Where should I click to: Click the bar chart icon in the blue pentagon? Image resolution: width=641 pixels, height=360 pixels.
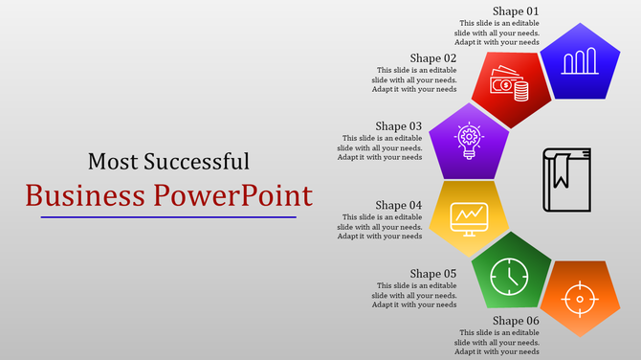click(x=580, y=63)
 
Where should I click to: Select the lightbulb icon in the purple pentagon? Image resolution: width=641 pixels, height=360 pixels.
click(x=469, y=142)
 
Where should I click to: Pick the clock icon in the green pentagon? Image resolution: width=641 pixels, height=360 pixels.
click(x=508, y=277)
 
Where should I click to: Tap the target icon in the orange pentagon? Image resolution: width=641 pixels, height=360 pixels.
click(x=579, y=300)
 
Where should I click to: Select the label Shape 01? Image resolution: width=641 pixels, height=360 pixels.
click(x=516, y=11)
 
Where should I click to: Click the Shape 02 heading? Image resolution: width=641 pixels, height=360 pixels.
click(x=433, y=57)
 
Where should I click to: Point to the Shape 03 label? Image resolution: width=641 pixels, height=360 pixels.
click(x=399, y=125)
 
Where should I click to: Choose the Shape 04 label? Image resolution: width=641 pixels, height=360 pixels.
click(x=399, y=205)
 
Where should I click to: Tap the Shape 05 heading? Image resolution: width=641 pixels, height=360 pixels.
click(x=433, y=273)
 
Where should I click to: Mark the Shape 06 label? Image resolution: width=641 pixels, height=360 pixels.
click(x=516, y=320)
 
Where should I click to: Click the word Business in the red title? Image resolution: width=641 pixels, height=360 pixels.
click(x=86, y=195)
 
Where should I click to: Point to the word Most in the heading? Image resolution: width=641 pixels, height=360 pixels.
click(x=109, y=161)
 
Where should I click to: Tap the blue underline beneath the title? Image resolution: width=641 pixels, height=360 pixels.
click(x=168, y=217)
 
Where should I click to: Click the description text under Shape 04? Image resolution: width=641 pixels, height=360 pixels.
click(x=380, y=226)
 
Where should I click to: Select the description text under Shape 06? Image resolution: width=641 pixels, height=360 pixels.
click(x=497, y=342)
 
